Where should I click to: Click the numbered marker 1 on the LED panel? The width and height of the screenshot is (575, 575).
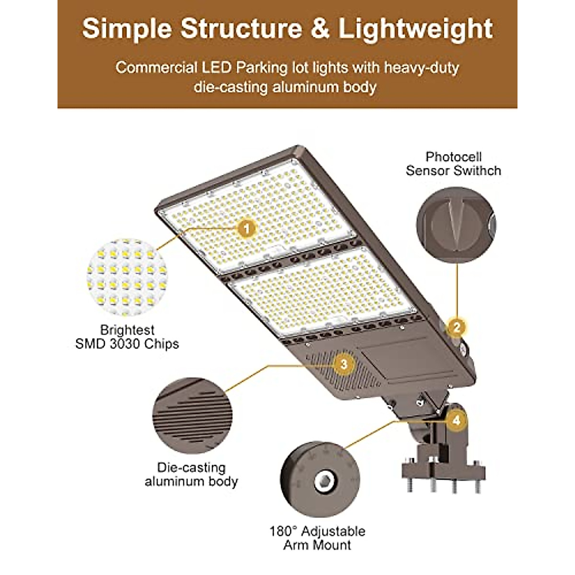coord(247,229)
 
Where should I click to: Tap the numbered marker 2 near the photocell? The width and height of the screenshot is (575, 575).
coord(456,328)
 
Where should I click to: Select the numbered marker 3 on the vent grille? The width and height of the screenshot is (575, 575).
coord(344,365)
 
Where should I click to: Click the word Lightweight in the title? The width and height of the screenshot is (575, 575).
coord(416,29)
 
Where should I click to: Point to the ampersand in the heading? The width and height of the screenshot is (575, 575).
coord(320,29)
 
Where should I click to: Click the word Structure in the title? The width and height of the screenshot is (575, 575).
coord(241,29)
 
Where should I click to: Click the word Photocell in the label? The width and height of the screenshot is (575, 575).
coord(453,157)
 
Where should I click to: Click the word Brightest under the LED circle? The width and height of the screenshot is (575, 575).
coord(127,330)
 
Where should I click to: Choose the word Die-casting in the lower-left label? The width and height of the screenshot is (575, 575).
coord(191,468)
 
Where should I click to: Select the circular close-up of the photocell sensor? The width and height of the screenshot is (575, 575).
coord(456,225)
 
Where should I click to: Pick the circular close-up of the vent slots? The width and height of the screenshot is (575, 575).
coord(193,416)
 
